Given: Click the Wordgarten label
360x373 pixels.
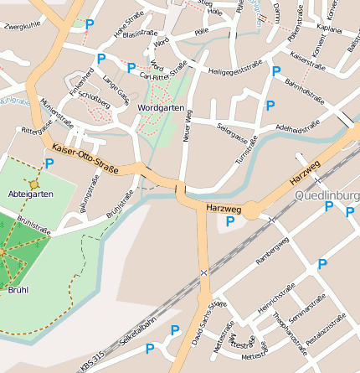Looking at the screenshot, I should tap(161, 109).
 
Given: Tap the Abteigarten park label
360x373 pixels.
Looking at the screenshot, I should tap(31, 194).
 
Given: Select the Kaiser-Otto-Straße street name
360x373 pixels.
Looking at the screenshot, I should tap(85, 158).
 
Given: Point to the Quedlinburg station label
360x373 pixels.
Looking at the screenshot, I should tap(327, 195).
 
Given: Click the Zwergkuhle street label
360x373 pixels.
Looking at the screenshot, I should tap(22, 27).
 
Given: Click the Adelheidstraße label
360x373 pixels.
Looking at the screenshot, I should tap(292, 127).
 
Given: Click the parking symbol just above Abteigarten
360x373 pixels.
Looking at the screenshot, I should tap(49, 163).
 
